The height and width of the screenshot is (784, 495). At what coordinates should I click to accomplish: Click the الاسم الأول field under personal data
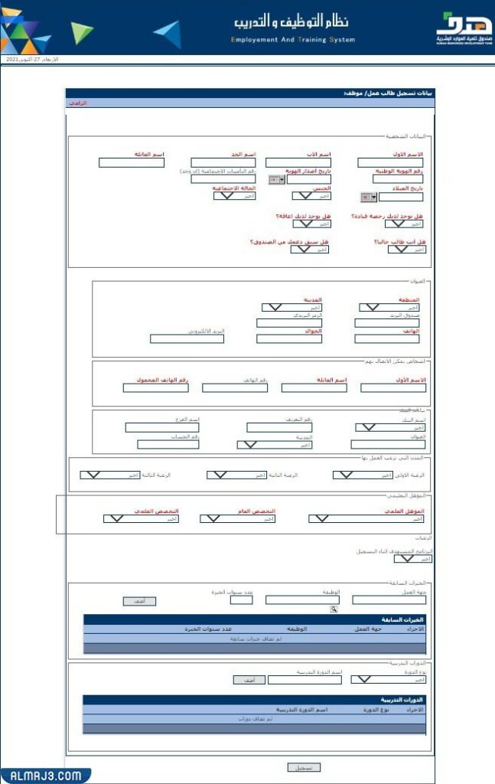click(x=390, y=162)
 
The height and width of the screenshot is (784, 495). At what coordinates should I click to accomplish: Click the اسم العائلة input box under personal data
click(x=121, y=162)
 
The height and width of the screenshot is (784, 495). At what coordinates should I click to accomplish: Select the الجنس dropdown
click(x=311, y=196)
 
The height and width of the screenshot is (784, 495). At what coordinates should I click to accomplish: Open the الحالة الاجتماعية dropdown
click(x=233, y=196)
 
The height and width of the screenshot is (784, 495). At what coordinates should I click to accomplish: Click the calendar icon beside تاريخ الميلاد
click(x=366, y=197)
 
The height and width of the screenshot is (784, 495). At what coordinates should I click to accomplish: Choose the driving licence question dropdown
click(x=403, y=224)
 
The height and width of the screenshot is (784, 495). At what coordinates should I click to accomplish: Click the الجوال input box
click(x=289, y=338)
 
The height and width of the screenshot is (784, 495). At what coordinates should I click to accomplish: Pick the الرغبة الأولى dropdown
click(x=363, y=475)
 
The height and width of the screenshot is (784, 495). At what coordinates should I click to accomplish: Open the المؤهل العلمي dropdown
click(x=367, y=518)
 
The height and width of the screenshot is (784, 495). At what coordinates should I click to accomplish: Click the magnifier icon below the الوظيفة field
click(x=334, y=609)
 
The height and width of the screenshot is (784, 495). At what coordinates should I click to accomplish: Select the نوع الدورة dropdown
click(x=388, y=679)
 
